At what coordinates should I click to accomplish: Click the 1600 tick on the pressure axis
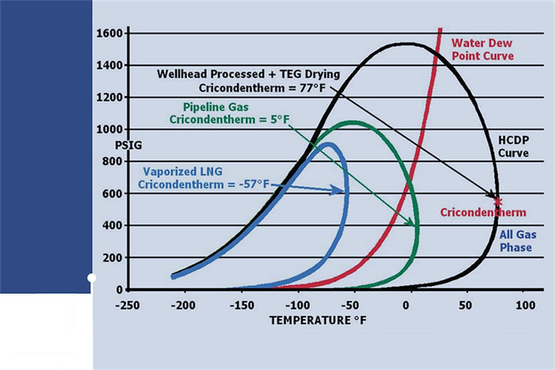(111, 33)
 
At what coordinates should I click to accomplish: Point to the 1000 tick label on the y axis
(111, 130)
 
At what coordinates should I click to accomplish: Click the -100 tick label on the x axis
(297, 305)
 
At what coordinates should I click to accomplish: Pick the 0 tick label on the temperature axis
(406, 305)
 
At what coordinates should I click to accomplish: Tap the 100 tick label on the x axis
(524, 305)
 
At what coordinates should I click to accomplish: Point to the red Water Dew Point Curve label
(482, 49)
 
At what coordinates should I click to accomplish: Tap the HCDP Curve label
(513, 146)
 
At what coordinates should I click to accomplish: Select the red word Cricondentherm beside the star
(483, 212)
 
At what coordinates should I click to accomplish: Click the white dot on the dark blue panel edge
(91, 278)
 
